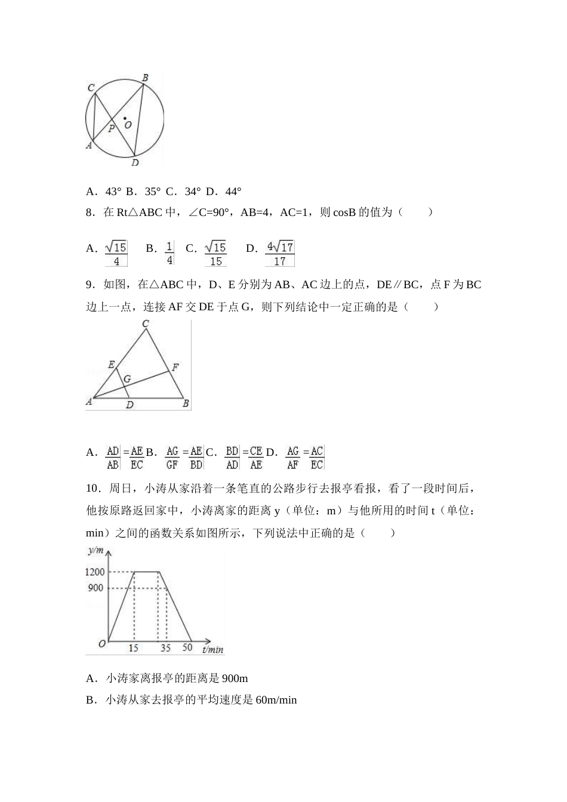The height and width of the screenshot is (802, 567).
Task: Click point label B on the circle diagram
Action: click(145, 78)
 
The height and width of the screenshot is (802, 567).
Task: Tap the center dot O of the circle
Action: click(125, 118)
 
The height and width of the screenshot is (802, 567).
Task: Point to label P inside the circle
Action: click(111, 128)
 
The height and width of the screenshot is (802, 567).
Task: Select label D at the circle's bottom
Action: click(135, 163)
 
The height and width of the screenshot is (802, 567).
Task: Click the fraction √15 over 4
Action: click(116, 254)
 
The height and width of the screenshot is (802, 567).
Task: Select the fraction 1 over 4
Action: click(170, 254)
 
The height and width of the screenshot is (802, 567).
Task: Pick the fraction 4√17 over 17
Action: click(280, 254)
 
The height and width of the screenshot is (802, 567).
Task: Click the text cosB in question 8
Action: click(344, 212)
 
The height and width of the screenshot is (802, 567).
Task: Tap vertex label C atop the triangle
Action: click(145, 324)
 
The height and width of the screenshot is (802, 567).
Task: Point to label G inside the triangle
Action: click(127, 379)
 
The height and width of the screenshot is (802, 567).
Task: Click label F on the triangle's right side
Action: click(175, 368)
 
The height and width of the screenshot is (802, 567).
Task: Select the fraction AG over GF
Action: click(172, 458)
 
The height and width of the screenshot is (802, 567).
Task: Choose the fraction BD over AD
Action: click(232, 458)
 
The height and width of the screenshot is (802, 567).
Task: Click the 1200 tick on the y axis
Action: click(94, 572)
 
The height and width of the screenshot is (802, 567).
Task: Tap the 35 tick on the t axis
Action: click(165, 648)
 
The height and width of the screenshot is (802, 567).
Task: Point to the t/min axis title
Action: click(212, 649)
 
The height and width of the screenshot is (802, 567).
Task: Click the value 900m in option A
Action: click(235, 678)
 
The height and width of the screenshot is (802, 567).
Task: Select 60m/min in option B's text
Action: click(276, 700)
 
